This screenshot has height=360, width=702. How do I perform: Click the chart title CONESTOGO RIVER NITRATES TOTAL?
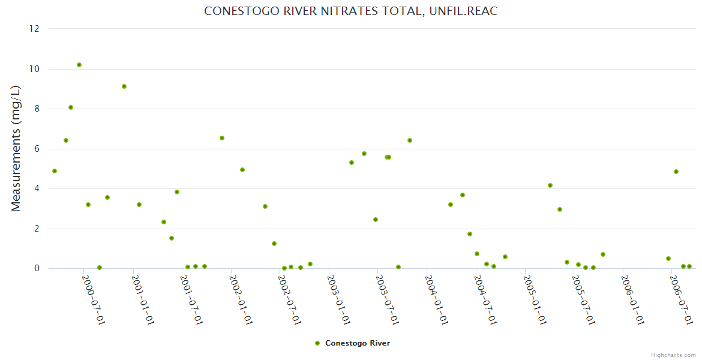[x=351, y=11]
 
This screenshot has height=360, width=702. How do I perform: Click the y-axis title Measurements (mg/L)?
[x=16, y=148]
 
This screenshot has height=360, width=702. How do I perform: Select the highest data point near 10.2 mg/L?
[x=79, y=65]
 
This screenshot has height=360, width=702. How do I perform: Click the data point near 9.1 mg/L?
[x=124, y=86]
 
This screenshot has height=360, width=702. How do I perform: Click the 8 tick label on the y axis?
[x=37, y=109]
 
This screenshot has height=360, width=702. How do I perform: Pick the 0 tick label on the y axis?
[x=37, y=268]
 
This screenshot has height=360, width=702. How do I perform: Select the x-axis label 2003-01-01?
[x=339, y=300]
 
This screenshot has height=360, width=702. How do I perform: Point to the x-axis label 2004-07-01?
[x=485, y=300]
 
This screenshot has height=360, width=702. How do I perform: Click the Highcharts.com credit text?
[x=673, y=355]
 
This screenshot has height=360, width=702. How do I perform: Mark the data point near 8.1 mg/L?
[x=71, y=107]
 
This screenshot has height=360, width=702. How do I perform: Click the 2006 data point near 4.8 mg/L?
[x=676, y=172]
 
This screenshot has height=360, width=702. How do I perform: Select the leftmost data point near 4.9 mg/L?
[x=55, y=171]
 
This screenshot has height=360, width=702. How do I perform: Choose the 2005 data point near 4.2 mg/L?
[x=550, y=185]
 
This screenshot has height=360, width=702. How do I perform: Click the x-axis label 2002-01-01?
[x=241, y=300]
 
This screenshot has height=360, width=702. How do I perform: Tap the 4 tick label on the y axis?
[x=37, y=188]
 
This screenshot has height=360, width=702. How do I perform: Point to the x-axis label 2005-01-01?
[x=535, y=300]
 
